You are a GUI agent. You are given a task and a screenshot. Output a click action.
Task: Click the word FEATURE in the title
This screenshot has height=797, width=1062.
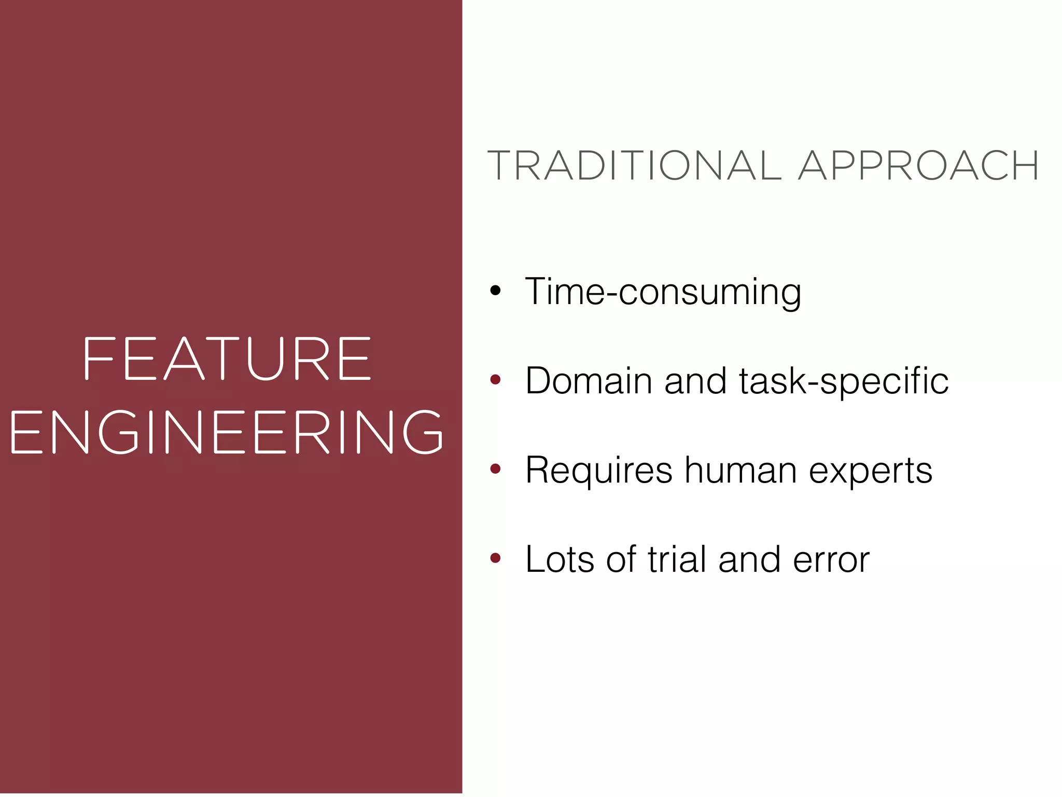point(227,359)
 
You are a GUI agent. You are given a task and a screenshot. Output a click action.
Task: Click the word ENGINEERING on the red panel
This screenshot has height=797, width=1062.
point(227,432)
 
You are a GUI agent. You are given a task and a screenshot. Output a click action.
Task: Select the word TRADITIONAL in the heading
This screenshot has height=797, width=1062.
point(634,166)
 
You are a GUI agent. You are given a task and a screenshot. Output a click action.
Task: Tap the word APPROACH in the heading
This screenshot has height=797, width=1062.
point(918,166)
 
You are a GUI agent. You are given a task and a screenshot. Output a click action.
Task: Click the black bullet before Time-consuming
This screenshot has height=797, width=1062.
point(496,291)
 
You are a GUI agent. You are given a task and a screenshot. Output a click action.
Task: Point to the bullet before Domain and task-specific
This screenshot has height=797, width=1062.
point(496,380)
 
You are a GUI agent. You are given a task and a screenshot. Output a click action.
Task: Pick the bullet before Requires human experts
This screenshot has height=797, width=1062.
point(496,469)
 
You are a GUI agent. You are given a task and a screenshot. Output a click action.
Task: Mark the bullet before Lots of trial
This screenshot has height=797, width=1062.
point(496,558)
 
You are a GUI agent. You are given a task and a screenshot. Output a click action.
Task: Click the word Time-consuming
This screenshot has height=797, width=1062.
point(663,292)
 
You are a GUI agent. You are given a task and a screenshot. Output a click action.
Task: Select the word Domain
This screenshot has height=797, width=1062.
point(589,381)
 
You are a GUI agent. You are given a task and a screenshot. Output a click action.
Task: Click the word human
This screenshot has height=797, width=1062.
point(740,470)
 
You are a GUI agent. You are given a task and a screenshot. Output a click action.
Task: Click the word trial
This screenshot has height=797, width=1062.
point(677,559)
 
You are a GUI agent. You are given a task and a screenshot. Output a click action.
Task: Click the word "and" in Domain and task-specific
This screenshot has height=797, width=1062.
point(695,381)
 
